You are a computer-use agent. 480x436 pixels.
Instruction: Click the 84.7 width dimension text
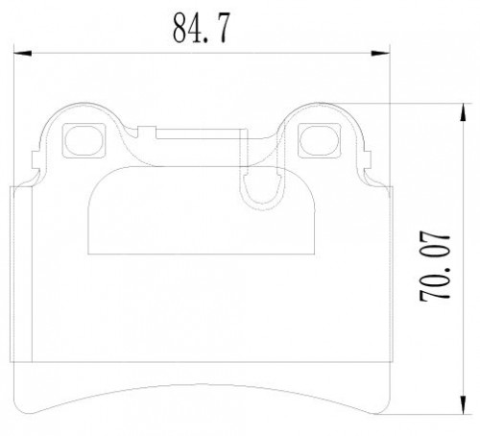(202, 29)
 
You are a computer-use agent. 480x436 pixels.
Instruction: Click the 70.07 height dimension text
(435, 265)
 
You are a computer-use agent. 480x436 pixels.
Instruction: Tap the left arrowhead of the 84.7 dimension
(22, 53)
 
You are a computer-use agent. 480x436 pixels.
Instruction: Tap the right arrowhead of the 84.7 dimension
(380, 53)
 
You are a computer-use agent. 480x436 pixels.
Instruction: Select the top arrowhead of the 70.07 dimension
(463, 112)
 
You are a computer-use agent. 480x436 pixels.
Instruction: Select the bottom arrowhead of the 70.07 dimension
(463, 404)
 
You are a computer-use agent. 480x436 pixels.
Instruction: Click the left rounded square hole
(84, 140)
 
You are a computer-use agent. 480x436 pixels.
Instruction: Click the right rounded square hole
(319, 140)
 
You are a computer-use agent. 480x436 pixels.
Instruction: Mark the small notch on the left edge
(36, 159)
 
